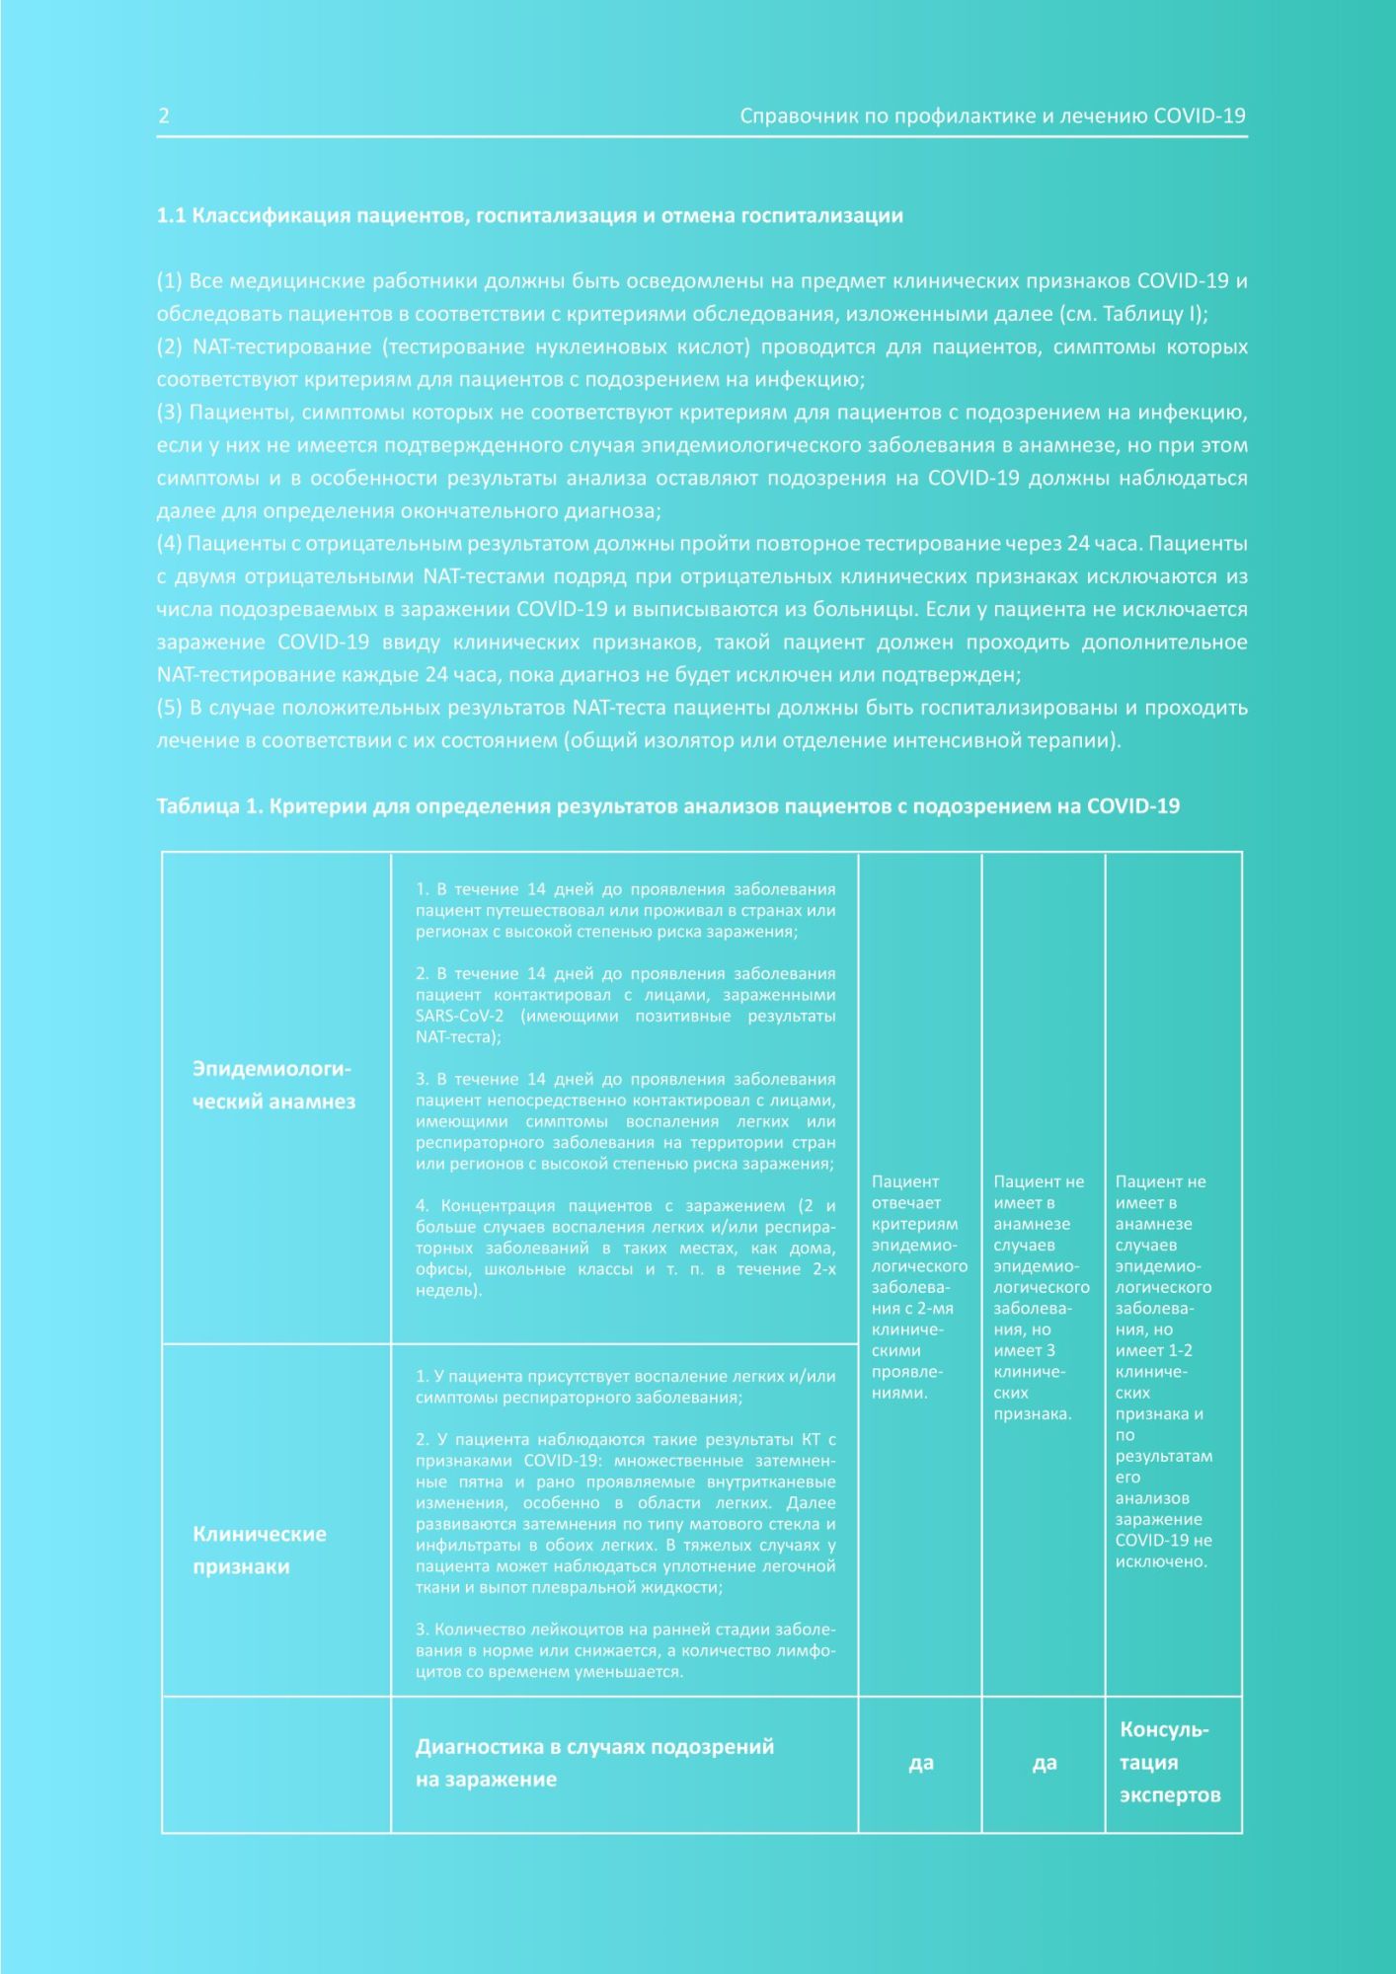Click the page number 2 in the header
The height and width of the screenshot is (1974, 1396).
tap(164, 115)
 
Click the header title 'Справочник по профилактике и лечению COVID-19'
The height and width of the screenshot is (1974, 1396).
tap(992, 115)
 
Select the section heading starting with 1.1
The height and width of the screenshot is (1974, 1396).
tap(529, 216)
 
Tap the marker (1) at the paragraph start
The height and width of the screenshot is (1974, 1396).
tap(169, 281)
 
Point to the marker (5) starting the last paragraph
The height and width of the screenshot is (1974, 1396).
tap(169, 708)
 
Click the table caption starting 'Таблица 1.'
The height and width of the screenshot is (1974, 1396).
tap(667, 806)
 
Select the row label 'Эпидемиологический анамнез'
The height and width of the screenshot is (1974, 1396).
tap(273, 1086)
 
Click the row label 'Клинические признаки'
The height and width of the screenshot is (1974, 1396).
tap(259, 1550)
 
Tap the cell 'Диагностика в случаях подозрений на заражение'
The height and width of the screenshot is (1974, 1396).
tap(594, 1763)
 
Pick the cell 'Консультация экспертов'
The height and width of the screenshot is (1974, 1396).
tap(1169, 1763)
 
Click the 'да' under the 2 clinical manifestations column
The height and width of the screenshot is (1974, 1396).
tap(920, 1763)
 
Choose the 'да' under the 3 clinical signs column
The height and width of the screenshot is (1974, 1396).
tap(1044, 1763)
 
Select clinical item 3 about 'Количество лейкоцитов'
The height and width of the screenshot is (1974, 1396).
tap(625, 1650)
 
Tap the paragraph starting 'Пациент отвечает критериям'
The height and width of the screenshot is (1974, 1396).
tap(918, 1287)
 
